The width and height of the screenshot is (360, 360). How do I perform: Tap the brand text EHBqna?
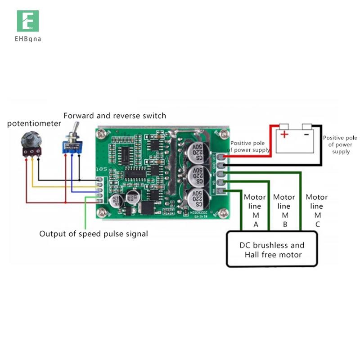click(x=28, y=39)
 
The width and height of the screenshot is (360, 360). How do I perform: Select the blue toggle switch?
click(x=72, y=145)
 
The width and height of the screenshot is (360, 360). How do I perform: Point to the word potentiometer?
click(x=34, y=123)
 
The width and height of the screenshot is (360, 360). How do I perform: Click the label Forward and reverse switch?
click(x=115, y=116)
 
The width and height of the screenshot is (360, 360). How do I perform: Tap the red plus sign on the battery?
click(x=284, y=135)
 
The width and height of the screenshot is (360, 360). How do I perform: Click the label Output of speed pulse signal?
click(x=93, y=234)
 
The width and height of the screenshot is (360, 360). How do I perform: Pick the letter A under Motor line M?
click(x=256, y=225)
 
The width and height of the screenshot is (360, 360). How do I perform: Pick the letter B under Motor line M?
click(x=284, y=225)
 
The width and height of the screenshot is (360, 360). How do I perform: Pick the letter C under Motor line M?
click(x=317, y=225)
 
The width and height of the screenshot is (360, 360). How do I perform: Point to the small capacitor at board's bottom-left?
click(x=113, y=201)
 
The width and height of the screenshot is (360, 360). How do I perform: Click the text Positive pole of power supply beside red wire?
click(x=249, y=146)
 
